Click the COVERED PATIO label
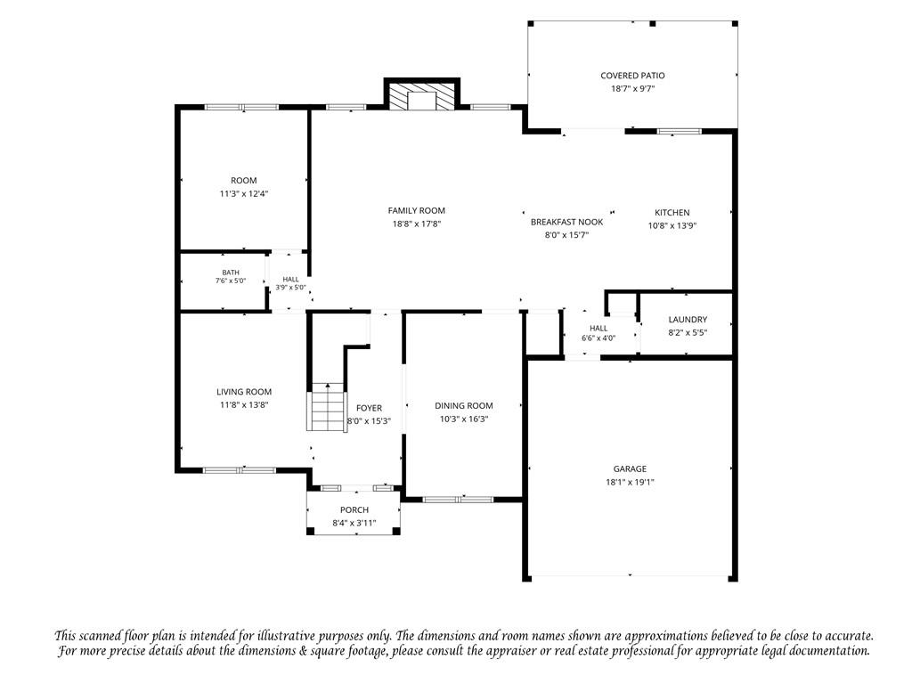pyautogui.click(x=632, y=76)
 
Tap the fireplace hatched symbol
pyautogui.click(x=422, y=96)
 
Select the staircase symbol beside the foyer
pyautogui.click(x=328, y=406)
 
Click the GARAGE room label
pyautogui.click(x=630, y=468)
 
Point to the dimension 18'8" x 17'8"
pyautogui.click(x=417, y=224)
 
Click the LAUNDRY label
pyautogui.click(x=688, y=320)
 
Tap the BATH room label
pyautogui.click(x=231, y=273)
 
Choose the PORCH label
pyautogui.click(x=354, y=510)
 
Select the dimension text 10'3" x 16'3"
pyautogui.click(x=463, y=419)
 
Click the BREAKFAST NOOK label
pyautogui.click(x=566, y=222)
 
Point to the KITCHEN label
pyautogui.click(x=672, y=213)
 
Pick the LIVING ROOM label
pyautogui.click(x=244, y=392)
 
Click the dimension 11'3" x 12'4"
pyautogui.click(x=244, y=193)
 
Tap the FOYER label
pyautogui.click(x=369, y=408)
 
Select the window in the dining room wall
pyautogui.click(x=458, y=499)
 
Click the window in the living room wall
pyautogui.click(x=239, y=470)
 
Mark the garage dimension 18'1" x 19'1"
pyautogui.click(x=630, y=482)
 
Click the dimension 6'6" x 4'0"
pyautogui.click(x=598, y=338)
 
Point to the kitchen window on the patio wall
pyautogui.click(x=679, y=132)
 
